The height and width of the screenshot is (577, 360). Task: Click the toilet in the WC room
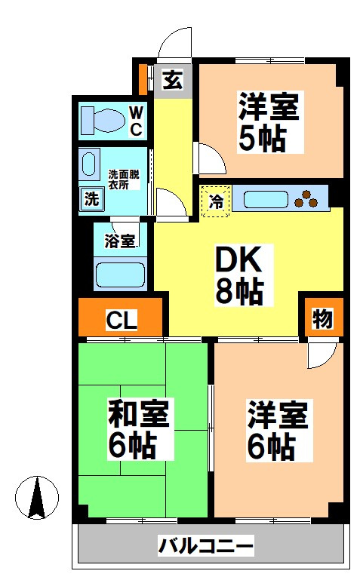pyautogui.click(x=104, y=119)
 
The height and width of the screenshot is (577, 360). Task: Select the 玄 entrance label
pyautogui.click(x=173, y=79)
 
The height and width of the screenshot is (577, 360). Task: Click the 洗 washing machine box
pyautogui.click(x=91, y=200)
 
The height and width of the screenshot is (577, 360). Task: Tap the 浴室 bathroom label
pyautogui.click(x=120, y=242)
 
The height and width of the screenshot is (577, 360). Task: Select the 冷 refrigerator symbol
pyautogui.click(x=216, y=201)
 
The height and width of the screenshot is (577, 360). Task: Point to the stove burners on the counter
pyautogui.click(x=308, y=200)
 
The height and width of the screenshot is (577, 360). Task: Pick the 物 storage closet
pyautogui.click(x=322, y=318)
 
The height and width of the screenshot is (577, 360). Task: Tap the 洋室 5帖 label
pyautogui.click(x=269, y=121)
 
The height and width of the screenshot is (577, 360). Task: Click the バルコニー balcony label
pyautogui.click(x=206, y=545)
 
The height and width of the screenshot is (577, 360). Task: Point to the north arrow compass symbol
pyautogui.click(x=37, y=498)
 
